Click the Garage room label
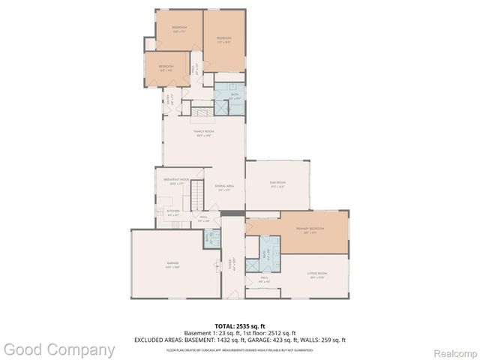[173, 264]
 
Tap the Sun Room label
[277, 184]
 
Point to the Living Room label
[317, 274]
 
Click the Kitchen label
[173, 212]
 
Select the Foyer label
[234, 265]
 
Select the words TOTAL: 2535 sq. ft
[236, 326]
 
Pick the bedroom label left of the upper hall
[166, 67]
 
